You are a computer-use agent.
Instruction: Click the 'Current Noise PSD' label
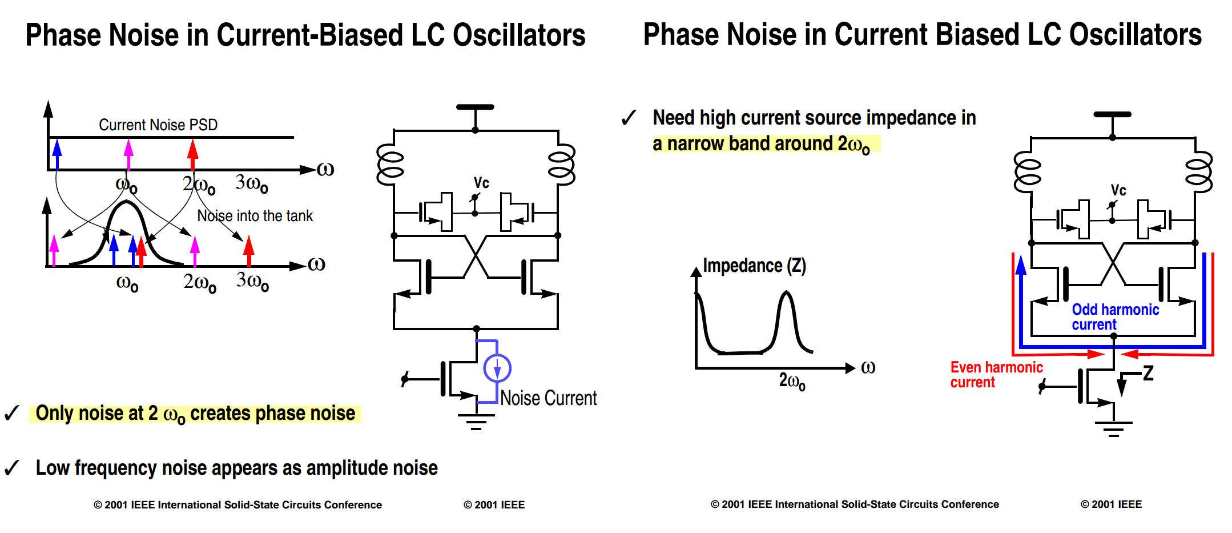tap(158, 125)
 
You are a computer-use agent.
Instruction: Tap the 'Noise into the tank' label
tap(255, 215)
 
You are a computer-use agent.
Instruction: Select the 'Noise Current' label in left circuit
tap(548, 398)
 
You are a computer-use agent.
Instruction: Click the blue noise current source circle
tap(497, 368)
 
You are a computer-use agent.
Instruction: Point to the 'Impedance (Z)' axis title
tap(754, 266)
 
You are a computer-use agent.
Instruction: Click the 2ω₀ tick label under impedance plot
tap(792, 380)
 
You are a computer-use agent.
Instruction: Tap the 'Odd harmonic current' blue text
tap(1115, 316)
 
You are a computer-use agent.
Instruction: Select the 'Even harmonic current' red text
tap(996, 374)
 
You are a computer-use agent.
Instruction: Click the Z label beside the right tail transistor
tap(1148, 373)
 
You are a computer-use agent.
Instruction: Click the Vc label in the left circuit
tap(481, 183)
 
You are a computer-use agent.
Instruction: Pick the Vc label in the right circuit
tap(1118, 190)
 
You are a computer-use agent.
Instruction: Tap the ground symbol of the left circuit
tap(476, 422)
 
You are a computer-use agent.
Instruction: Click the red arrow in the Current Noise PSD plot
tap(193, 154)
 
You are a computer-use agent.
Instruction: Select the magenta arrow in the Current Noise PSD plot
tap(128, 154)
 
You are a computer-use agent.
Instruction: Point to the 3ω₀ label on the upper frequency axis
tap(252, 183)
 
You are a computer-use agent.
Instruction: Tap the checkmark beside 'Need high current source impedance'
tap(629, 118)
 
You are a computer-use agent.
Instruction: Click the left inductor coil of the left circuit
tap(390, 165)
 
